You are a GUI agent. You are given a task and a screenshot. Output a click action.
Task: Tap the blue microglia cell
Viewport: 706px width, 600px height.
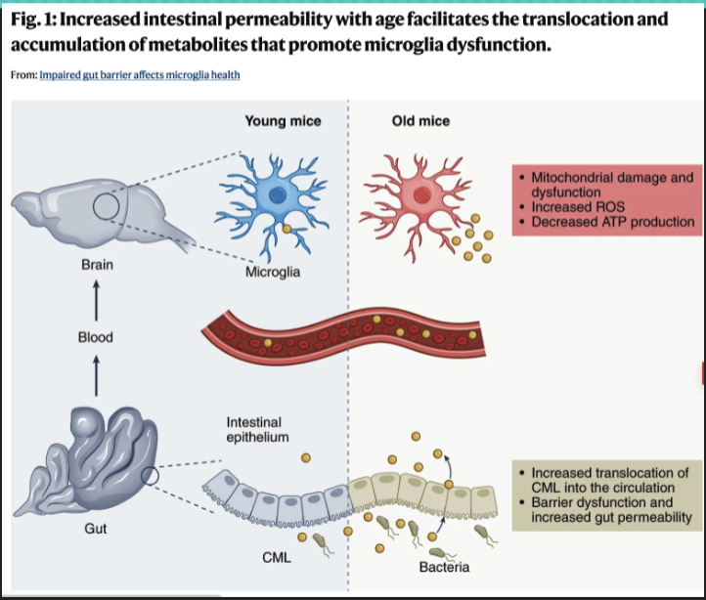pos(278,194)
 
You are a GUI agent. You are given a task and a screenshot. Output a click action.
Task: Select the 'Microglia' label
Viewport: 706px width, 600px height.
pos(273,272)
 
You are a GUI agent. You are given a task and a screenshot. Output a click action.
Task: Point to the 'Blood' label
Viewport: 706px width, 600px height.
pos(96,337)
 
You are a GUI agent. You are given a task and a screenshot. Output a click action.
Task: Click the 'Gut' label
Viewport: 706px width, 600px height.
pos(96,529)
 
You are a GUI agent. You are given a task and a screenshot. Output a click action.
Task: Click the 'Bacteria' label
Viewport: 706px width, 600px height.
pos(444,567)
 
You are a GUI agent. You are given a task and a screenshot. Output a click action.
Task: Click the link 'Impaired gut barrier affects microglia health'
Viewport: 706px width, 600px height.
pos(139,75)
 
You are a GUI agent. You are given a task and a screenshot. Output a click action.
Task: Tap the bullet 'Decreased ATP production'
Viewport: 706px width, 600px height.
pos(612,222)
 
